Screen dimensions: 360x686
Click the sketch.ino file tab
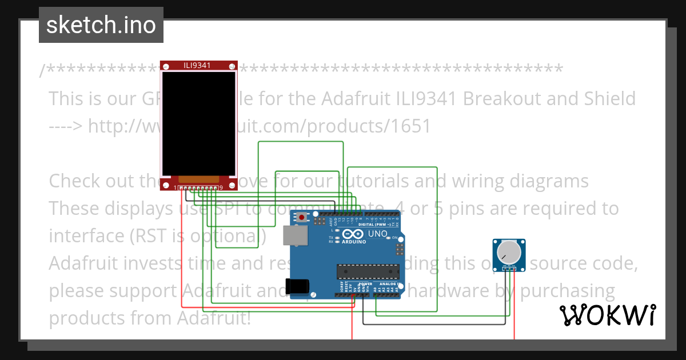click(x=101, y=25)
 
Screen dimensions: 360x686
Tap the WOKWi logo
click(x=607, y=315)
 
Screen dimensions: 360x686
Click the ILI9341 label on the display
click(x=197, y=65)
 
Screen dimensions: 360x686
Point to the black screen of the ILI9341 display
click(x=198, y=123)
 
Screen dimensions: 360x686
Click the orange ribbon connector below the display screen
click(x=198, y=179)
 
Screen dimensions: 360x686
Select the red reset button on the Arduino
click(x=301, y=217)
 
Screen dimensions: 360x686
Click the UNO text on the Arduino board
click(x=377, y=234)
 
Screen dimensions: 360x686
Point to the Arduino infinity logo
click(x=350, y=234)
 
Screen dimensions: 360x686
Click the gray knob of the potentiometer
click(x=509, y=252)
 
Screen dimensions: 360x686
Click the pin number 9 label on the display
click(x=221, y=187)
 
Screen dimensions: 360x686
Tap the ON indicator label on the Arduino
click(x=394, y=238)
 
